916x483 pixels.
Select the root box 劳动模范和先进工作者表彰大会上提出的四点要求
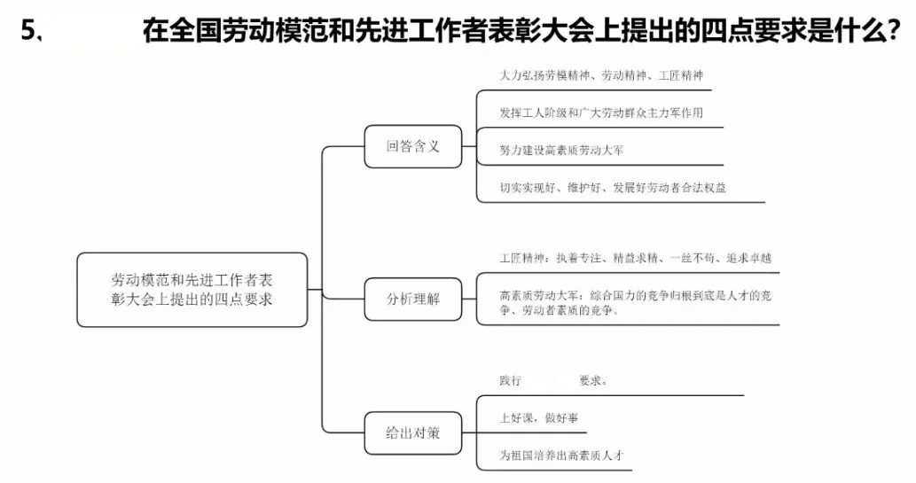point(192,289)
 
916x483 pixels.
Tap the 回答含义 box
point(412,146)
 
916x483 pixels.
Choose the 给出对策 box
point(412,434)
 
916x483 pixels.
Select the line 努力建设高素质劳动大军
point(561,151)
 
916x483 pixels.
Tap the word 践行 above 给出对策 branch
point(510,380)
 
